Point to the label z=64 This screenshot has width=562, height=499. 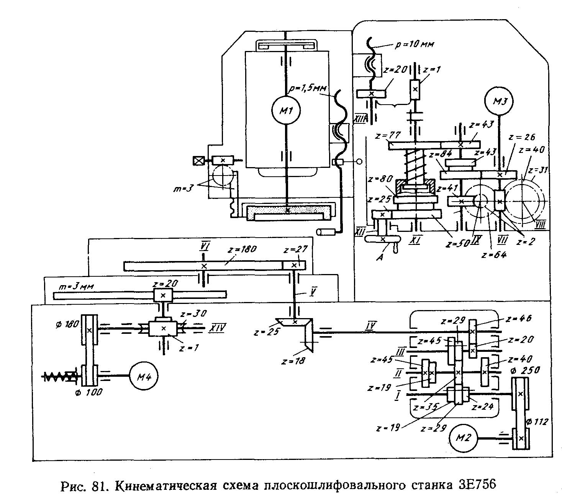(x=495, y=254)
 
